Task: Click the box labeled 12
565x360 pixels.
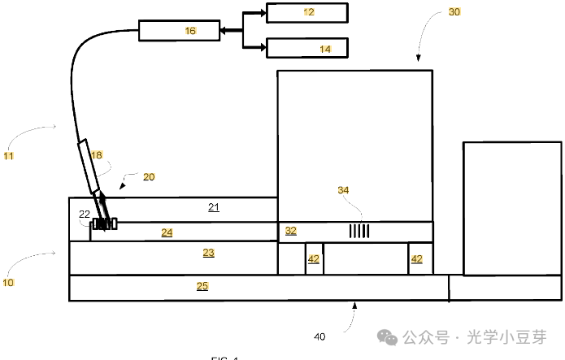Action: point(307,12)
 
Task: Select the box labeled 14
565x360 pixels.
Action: point(307,48)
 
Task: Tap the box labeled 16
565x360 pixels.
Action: point(179,31)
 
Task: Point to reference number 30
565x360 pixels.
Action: point(454,13)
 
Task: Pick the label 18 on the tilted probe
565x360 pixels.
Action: point(97,155)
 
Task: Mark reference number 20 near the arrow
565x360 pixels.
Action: point(149,176)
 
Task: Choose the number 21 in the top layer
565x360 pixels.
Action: point(214,207)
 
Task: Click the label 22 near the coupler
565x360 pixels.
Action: point(84,214)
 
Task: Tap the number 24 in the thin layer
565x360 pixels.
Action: point(167,232)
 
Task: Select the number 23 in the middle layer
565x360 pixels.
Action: point(208,254)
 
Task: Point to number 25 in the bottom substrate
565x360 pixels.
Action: point(202,286)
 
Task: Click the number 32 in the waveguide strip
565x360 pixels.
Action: point(291,231)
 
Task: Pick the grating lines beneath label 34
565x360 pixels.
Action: point(359,232)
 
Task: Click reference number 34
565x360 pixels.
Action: point(345,190)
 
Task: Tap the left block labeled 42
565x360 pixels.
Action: point(314,259)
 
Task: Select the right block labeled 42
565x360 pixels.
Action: point(416,259)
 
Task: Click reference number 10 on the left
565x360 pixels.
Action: point(8,283)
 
